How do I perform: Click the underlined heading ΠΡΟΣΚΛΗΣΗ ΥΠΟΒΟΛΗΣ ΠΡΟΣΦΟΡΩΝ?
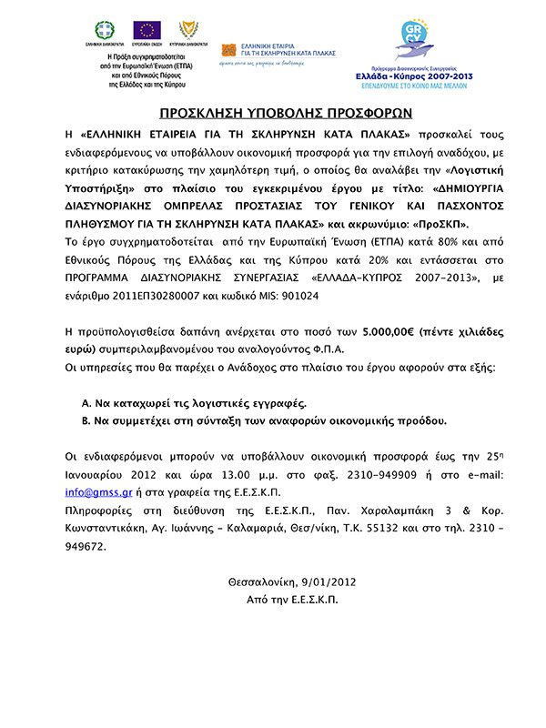coord(273,114)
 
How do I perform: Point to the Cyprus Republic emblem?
coord(186,31)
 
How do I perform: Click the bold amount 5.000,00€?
coord(388,333)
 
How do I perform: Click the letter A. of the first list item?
coord(86,401)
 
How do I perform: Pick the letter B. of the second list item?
coord(86,420)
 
